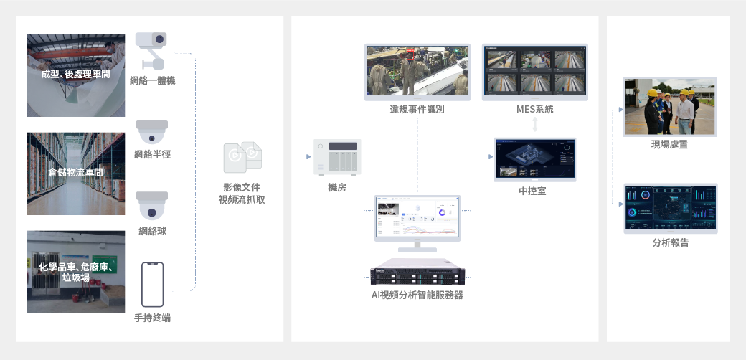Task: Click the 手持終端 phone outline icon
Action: [152, 285]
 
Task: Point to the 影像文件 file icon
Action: [242, 158]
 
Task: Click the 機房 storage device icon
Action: [336, 158]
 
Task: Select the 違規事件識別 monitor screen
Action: [417, 71]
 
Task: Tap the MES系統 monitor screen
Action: [535, 71]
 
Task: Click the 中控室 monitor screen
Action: [535, 158]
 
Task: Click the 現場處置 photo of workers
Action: [671, 106]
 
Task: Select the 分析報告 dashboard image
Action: [671, 208]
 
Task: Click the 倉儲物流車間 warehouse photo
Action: [75, 173]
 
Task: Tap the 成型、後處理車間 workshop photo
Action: [75, 75]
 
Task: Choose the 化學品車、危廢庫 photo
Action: [75, 272]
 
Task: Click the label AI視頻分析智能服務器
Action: [417, 295]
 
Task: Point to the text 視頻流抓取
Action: [242, 199]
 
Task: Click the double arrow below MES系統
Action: [535, 125]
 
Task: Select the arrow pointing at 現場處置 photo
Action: [619, 110]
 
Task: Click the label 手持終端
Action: [152, 318]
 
